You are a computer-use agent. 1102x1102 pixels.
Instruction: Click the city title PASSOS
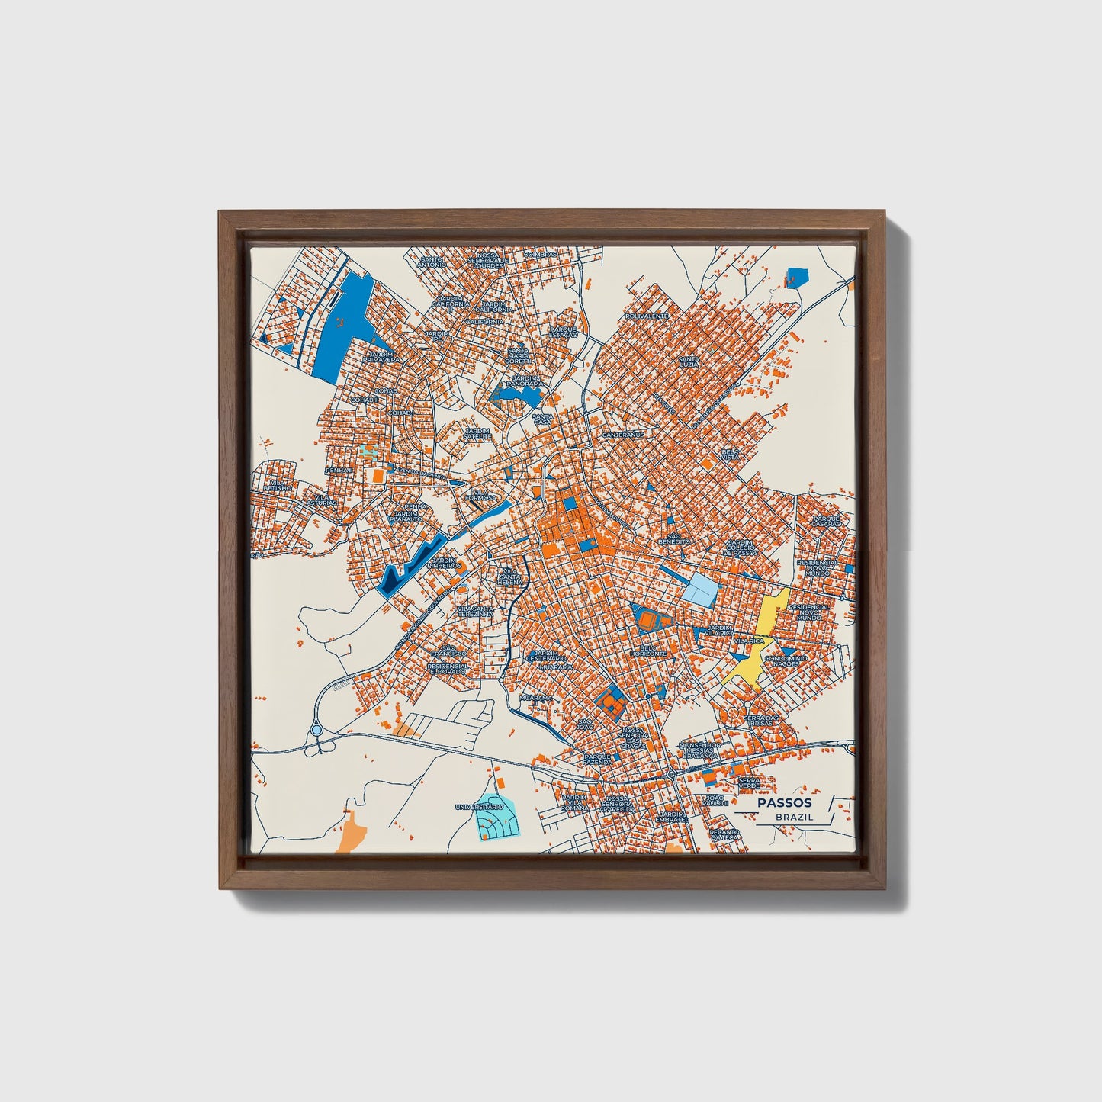785,802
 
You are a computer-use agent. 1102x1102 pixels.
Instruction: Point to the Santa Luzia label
689,361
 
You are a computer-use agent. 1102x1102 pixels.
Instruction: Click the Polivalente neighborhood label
647,316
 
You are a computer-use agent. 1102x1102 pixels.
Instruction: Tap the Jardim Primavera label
381,358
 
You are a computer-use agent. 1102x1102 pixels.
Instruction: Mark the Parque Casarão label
825,521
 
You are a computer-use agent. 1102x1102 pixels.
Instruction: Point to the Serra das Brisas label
761,720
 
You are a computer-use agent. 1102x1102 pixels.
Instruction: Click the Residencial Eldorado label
448,669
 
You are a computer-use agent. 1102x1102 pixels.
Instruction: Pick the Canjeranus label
623,435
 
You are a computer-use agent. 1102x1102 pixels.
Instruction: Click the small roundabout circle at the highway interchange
316,731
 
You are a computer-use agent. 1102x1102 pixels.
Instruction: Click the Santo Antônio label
432,262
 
